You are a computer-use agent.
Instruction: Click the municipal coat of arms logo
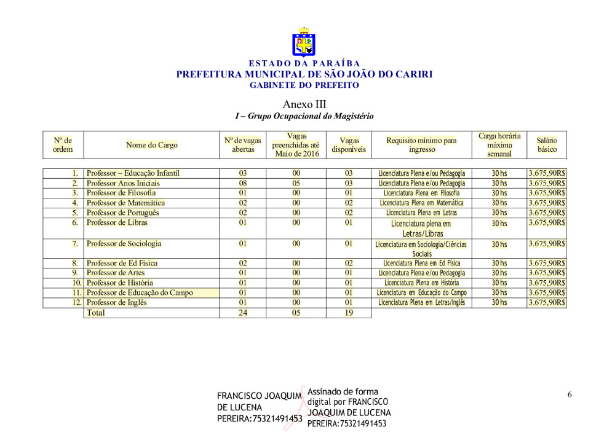click(303, 42)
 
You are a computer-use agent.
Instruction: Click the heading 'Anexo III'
click(304, 104)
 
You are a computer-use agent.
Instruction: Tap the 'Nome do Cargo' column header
click(151, 145)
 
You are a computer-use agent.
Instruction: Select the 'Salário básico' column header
click(547, 145)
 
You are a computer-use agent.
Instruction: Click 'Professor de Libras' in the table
click(117, 222)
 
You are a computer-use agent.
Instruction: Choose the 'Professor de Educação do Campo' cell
click(140, 292)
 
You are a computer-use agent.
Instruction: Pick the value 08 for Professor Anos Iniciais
click(243, 183)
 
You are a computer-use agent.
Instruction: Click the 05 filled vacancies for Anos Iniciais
click(296, 183)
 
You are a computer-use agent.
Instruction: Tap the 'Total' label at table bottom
click(95, 313)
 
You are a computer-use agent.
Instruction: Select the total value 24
click(243, 313)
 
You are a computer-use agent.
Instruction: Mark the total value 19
click(348, 313)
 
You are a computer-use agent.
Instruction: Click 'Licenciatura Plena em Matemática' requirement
click(421, 203)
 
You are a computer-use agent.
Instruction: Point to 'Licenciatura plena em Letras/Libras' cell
click(421, 229)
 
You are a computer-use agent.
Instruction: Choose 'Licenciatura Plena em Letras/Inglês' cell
click(421, 302)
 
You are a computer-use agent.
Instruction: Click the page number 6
click(569, 394)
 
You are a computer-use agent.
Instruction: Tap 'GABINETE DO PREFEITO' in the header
click(304, 85)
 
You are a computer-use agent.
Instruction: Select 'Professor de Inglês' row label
click(117, 302)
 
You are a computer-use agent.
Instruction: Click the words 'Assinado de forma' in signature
click(343, 391)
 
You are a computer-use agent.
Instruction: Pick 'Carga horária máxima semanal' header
click(499, 145)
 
